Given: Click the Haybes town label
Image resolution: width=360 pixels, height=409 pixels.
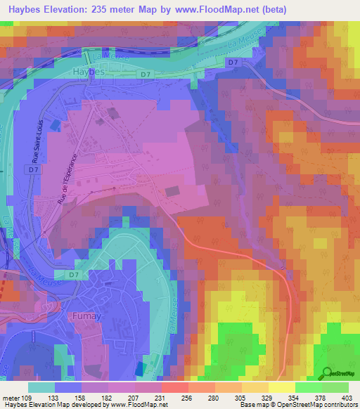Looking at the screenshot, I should coord(89,72).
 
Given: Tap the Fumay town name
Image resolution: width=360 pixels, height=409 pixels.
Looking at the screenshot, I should coord(88,317).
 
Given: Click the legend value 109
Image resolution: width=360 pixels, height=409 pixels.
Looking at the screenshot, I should coord(27,398).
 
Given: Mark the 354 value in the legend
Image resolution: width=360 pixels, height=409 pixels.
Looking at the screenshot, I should coord(294,398).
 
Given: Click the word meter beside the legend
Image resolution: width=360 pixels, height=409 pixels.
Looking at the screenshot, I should coord(11,398).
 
